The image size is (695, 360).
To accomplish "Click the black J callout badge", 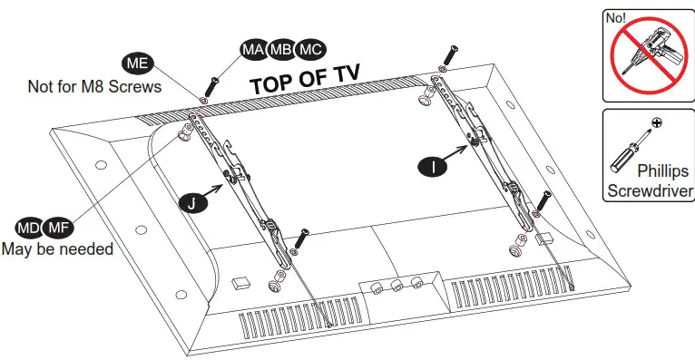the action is tap(192, 202).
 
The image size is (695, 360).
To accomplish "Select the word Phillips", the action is tap(663, 170).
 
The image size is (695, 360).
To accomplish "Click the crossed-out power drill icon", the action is tap(650, 56).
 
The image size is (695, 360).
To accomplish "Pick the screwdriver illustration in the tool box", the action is tap(627, 154).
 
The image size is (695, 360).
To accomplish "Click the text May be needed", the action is tap(57, 249).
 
